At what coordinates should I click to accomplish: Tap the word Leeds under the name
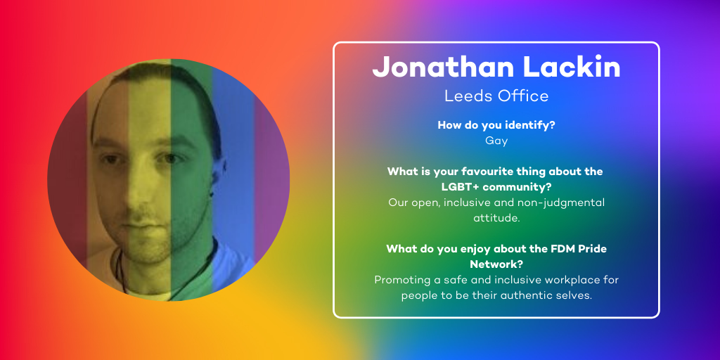coord(463,96)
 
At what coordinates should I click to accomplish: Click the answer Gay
coord(496,141)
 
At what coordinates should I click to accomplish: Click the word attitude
coord(496,218)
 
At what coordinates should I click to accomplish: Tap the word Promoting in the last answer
coord(399,280)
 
